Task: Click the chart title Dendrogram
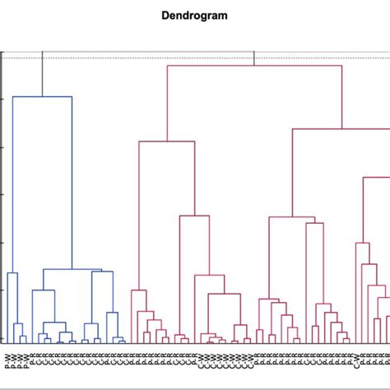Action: pos(194,15)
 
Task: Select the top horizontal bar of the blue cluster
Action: pos(43,97)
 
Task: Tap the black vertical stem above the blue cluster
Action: pos(43,74)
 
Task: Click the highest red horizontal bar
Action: pos(254,65)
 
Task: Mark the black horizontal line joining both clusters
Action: pos(148,51)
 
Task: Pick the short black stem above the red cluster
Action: pos(254,58)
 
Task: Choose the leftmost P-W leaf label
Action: pos(7,359)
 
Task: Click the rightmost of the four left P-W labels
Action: pos(25,359)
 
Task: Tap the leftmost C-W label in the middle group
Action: pos(198,359)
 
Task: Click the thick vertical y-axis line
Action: pos(3,197)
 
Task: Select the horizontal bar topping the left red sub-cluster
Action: pos(166,142)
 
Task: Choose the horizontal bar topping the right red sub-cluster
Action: pos(341,128)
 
